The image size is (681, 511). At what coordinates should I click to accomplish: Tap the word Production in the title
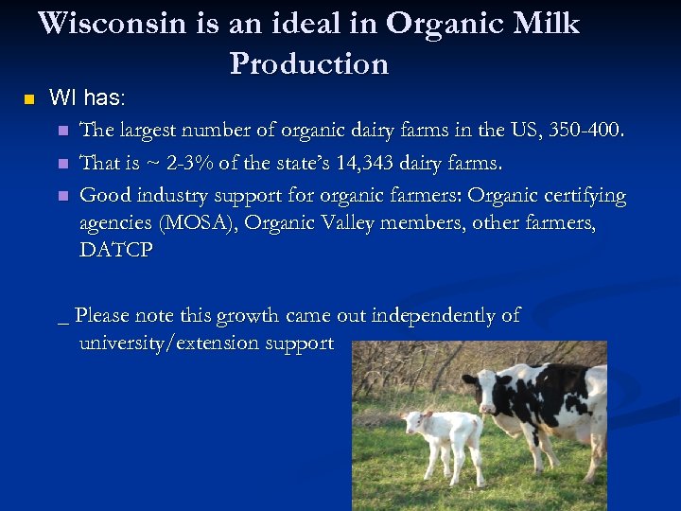308,63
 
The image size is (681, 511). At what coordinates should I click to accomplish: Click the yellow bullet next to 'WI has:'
28,99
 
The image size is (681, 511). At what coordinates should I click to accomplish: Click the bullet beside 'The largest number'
63,131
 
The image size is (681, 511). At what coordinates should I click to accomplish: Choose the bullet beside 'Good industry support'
63,197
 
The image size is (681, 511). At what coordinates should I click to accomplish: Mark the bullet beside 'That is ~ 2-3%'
63,164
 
